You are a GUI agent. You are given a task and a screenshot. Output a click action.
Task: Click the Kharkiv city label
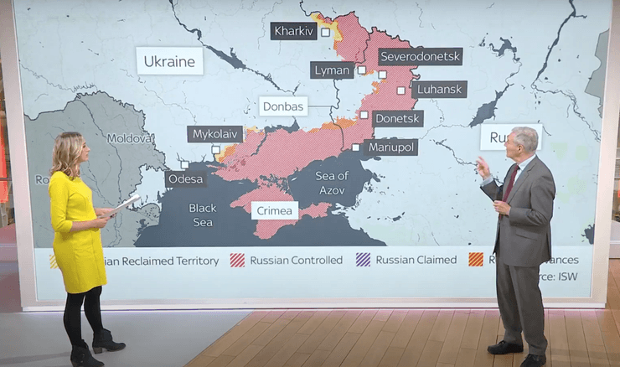click(293, 31)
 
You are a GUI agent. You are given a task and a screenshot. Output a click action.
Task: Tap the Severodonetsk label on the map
click(420, 57)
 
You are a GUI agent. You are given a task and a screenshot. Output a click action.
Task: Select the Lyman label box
click(332, 70)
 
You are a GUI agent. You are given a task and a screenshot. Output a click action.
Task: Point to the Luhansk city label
click(439, 89)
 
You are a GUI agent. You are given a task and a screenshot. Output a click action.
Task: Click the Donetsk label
click(397, 119)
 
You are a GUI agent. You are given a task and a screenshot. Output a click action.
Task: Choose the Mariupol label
click(392, 147)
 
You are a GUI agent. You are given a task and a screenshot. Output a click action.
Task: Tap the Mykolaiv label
click(214, 134)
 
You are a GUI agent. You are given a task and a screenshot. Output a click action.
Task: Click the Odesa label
click(185, 178)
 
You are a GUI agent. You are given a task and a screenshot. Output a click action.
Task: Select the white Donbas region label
click(283, 106)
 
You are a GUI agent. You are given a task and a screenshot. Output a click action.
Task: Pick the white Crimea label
click(274, 210)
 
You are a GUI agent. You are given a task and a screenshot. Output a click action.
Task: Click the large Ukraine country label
click(169, 61)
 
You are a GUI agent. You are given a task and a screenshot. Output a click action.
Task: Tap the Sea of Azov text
click(332, 182)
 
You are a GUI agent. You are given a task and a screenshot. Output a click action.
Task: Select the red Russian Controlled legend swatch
click(237, 260)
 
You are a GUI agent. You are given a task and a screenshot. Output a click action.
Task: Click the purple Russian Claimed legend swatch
click(363, 260)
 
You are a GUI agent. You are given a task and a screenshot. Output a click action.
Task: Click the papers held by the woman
click(126, 203)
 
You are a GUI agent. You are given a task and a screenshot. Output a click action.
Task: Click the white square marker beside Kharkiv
click(325, 32)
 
